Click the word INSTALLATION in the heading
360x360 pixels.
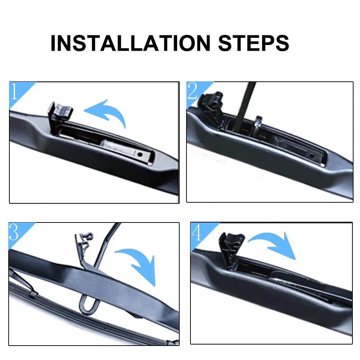(x=130, y=43)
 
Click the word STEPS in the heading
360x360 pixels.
(x=252, y=43)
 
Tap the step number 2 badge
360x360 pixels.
(x=193, y=92)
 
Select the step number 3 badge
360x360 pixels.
(x=14, y=233)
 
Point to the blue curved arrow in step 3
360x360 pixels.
(x=139, y=263)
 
